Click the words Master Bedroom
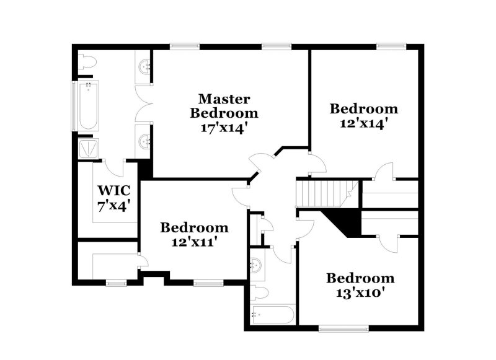224,105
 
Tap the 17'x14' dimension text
224,128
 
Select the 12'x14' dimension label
363,123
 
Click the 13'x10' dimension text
360,292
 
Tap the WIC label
112,190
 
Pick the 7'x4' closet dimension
112,205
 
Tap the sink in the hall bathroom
255,265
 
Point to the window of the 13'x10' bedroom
345,327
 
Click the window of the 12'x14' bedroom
391,45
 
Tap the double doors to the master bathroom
144,103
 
